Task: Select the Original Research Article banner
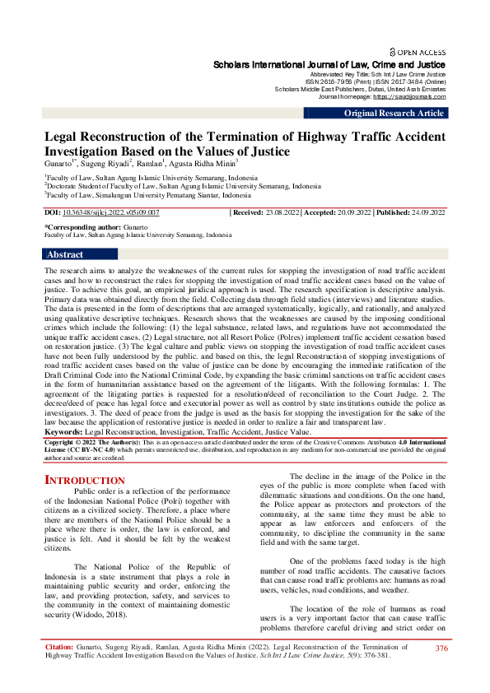[394, 113]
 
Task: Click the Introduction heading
[84, 479]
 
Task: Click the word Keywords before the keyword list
[63, 431]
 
